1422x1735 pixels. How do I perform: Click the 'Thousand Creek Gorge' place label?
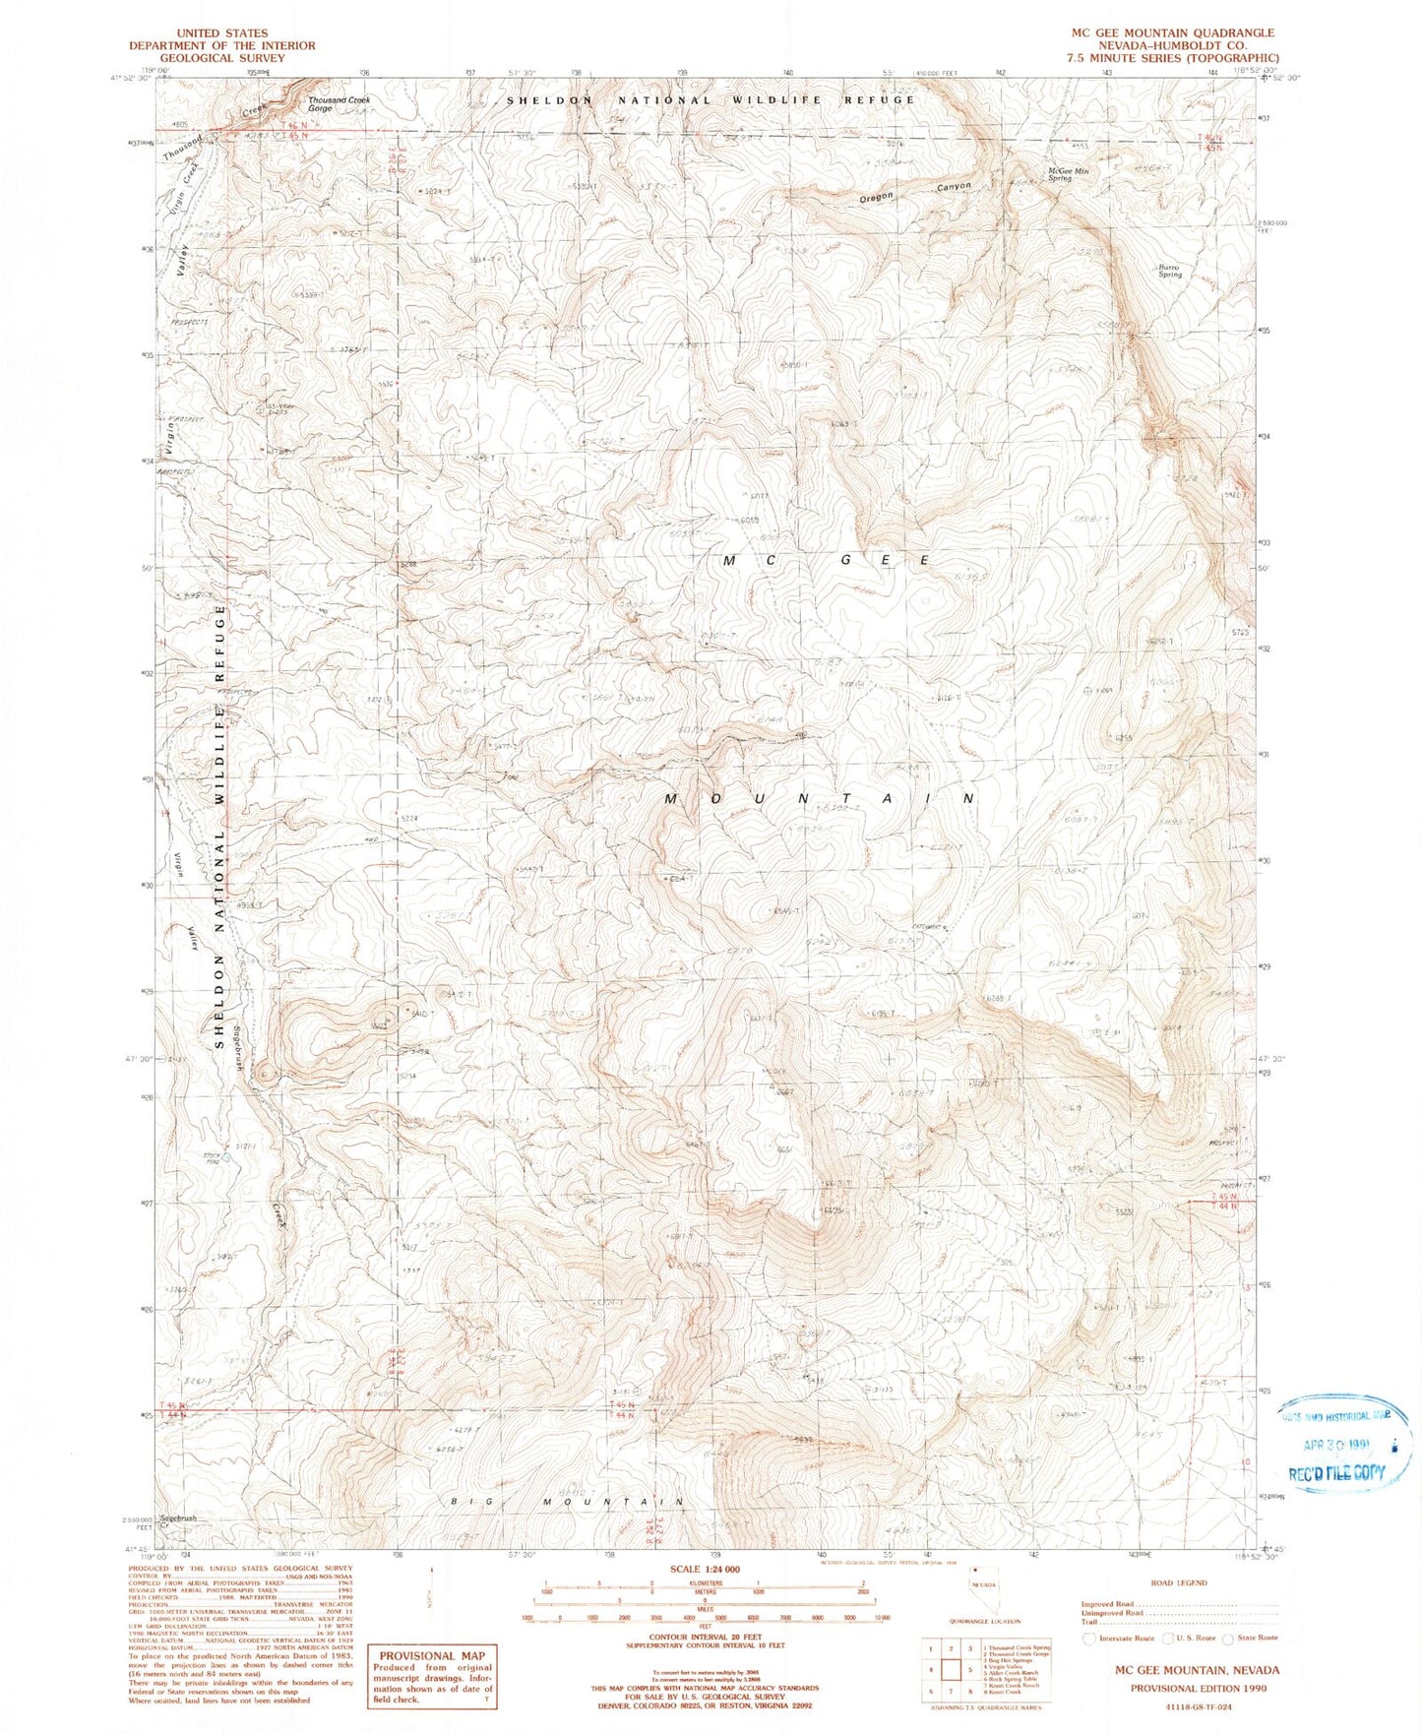point(339,104)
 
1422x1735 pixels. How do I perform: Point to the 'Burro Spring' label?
point(1169,271)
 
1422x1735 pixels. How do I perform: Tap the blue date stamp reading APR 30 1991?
point(1342,1446)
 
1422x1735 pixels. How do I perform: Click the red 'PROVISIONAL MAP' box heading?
point(432,1655)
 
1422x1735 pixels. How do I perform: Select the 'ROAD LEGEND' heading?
point(1178,1583)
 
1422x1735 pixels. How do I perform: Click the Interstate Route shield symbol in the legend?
point(1088,1639)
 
